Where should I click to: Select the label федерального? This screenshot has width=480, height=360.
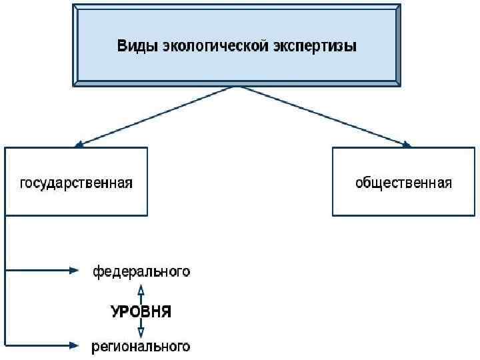coord(141,271)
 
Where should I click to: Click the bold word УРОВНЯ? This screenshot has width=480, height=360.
coord(141,311)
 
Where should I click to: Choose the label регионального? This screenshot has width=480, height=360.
coord(141,347)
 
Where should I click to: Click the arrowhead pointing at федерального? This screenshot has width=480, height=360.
coord(74,270)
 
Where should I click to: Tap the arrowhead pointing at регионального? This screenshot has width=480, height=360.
coord(74,345)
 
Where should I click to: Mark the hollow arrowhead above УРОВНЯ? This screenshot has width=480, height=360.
coord(141,289)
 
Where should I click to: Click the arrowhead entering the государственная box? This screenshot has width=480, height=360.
coord(79,143)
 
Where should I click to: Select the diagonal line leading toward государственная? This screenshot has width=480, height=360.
coord(157,115)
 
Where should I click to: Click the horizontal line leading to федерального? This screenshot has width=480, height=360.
coord(37,270)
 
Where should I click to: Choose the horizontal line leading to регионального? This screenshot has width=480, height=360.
coord(37,345)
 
